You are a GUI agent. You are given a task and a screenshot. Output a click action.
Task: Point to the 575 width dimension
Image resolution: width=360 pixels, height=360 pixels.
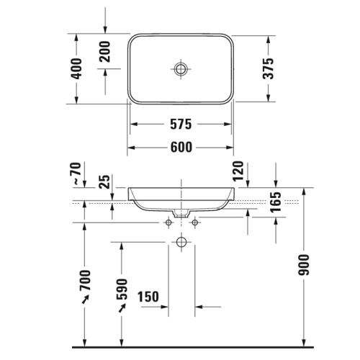(x=181, y=125)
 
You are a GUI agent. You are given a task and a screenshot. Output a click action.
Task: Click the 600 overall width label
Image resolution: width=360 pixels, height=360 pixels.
(x=181, y=148)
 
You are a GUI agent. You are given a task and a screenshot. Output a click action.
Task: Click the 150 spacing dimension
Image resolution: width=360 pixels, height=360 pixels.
(x=148, y=297)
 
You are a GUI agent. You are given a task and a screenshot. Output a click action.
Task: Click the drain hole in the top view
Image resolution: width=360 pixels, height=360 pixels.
(x=181, y=68)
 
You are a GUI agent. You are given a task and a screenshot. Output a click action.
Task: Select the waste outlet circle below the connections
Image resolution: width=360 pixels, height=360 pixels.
(x=181, y=243)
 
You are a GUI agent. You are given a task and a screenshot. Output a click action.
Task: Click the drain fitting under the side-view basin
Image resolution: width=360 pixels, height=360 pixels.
(x=181, y=214)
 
